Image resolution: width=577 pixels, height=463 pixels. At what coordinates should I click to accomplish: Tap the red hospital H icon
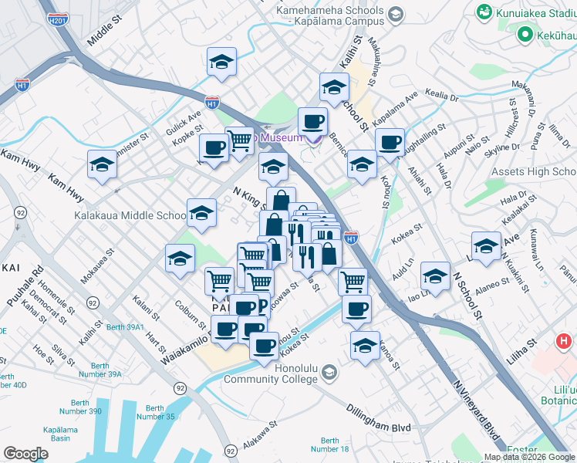[565, 340]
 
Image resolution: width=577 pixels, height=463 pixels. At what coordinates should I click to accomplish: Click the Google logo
[25, 454]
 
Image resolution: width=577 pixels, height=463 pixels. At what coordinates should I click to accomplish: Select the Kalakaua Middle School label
[128, 215]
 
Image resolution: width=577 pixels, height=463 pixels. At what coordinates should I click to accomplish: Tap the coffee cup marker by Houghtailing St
[390, 143]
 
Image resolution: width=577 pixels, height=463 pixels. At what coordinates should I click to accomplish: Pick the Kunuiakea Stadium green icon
[485, 12]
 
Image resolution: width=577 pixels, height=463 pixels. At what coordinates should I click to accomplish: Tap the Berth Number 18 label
[330, 444]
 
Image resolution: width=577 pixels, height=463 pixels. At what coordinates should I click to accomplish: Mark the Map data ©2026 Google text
[528, 457]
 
